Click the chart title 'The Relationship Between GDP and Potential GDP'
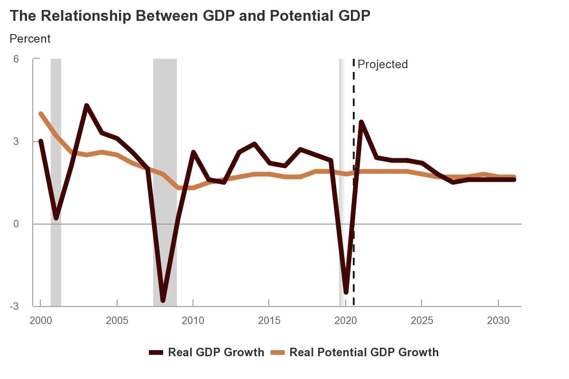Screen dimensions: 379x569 click(190, 16)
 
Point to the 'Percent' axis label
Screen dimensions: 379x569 click(30, 38)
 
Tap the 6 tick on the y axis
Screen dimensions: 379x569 click(16, 59)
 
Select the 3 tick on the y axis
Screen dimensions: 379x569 click(16, 142)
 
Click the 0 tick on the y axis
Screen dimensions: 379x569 click(16, 224)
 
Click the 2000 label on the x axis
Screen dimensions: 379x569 click(41, 321)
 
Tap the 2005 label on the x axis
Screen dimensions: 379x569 click(117, 321)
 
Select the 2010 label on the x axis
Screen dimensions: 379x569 click(193, 321)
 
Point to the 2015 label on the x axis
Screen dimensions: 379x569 click(269, 321)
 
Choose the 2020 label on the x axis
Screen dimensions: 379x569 click(346, 321)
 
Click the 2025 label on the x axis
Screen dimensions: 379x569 click(422, 321)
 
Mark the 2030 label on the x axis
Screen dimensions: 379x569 click(498, 321)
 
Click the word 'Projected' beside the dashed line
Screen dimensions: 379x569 click(383, 64)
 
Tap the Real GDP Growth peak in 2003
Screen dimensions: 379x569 click(87, 106)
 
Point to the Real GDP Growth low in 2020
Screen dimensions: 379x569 click(346, 292)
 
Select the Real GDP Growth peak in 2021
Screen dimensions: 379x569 click(361, 122)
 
